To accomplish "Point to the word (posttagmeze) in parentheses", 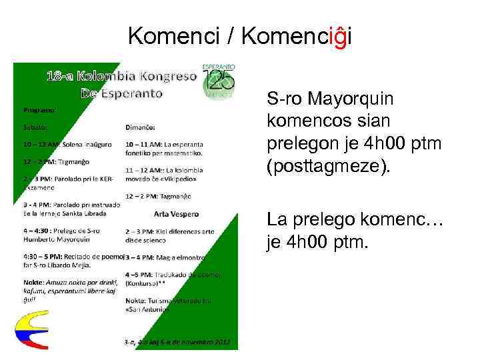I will coord(327,164).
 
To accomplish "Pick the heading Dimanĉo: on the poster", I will coord(142,125).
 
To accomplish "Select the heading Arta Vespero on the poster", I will coord(173,215).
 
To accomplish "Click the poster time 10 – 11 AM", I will coord(141,143).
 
